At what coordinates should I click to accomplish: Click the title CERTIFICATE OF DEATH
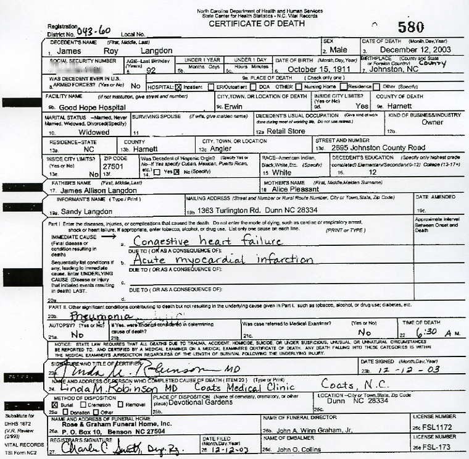click(x=256, y=24)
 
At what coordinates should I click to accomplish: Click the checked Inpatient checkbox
click(x=178, y=87)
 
